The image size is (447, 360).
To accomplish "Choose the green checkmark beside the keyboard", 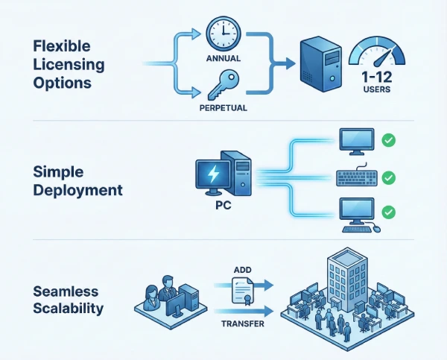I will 387,178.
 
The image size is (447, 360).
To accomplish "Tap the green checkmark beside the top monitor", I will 387,139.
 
